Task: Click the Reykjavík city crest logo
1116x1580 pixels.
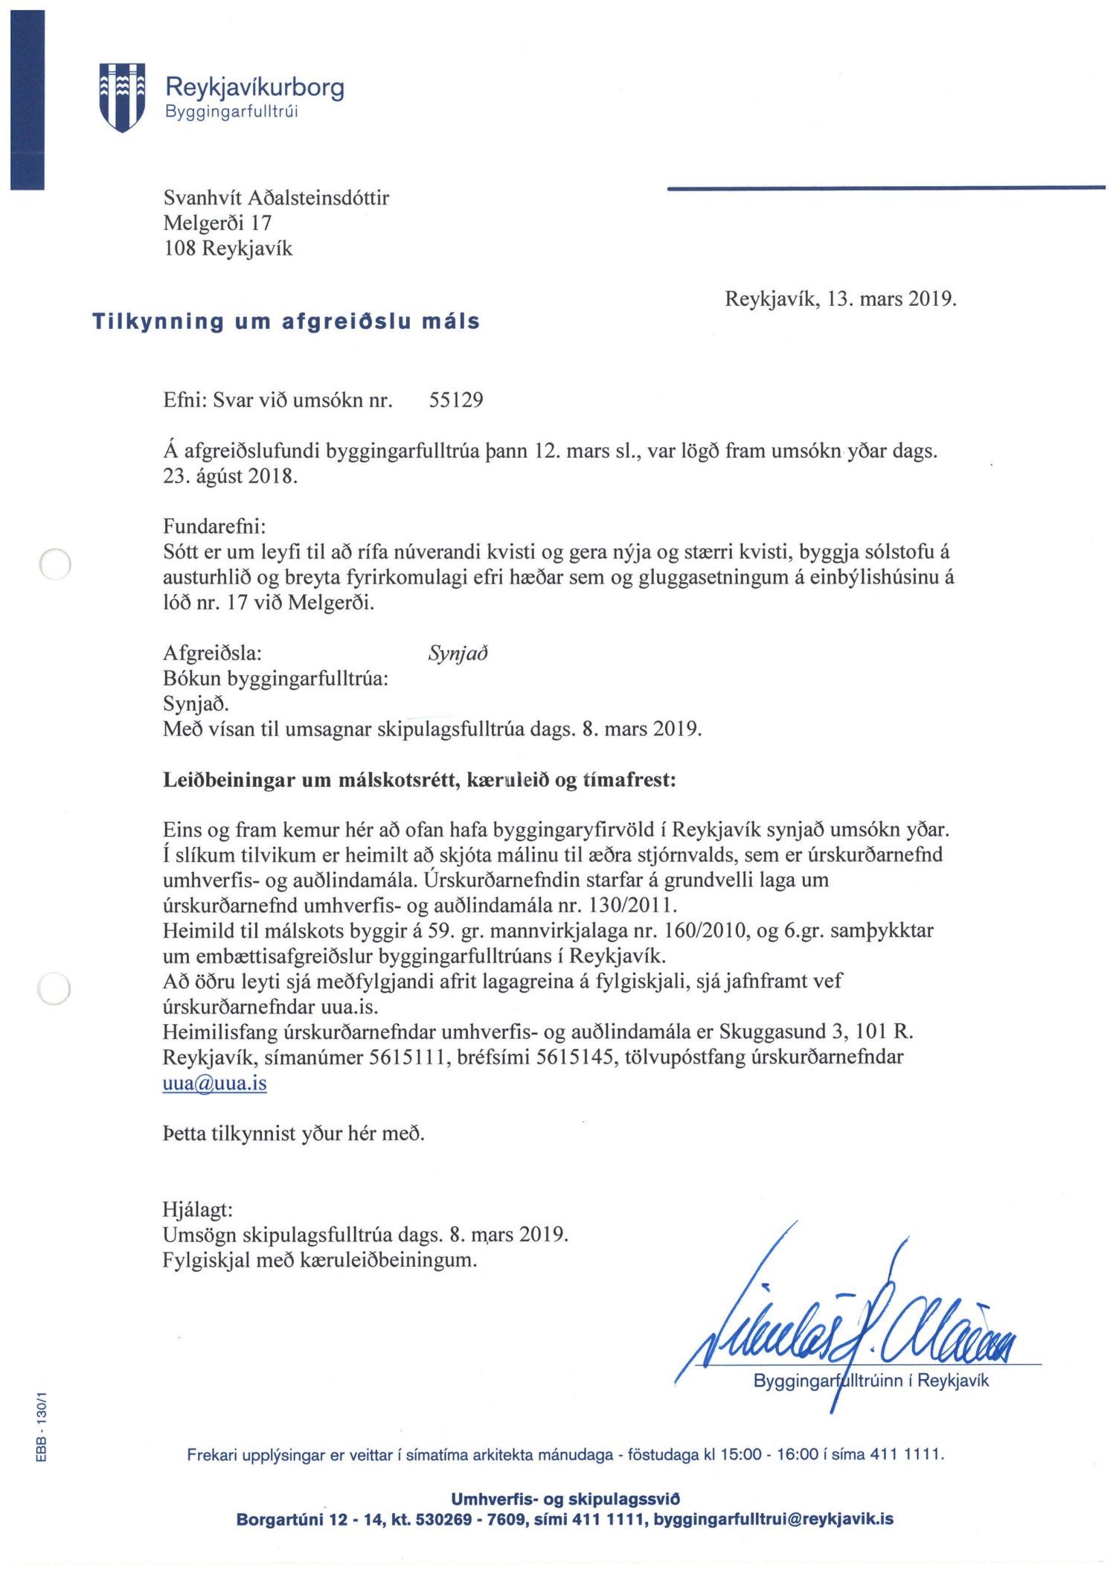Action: [x=121, y=97]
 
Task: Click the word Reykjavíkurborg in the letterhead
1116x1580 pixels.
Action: [x=254, y=87]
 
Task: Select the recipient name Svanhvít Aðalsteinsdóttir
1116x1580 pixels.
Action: [x=276, y=198]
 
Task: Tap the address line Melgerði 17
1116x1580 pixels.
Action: [x=217, y=223]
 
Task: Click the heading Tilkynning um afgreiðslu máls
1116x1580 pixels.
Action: [x=286, y=322]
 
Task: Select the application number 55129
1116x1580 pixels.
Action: [x=456, y=400]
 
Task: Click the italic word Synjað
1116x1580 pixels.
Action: [x=458, y=653]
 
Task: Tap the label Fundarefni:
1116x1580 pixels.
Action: [x=214, y=527]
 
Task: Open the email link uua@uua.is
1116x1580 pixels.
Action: [x=214, y=1083]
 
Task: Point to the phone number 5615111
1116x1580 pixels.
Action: [x=408, y=1058]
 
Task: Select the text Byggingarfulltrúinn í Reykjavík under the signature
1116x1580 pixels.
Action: [x=871, y=1381]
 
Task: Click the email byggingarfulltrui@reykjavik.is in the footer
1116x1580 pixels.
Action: [x=773, y=1519]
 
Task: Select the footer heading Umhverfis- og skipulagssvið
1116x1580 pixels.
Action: [x=565, y=1499]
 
